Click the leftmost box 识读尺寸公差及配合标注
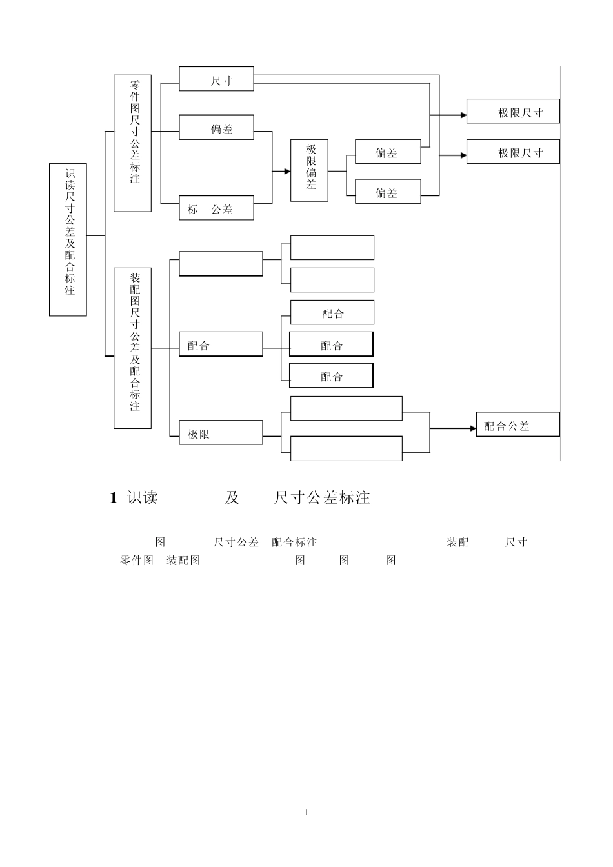click(x=68, y=239)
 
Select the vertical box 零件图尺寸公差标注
click(x=132, y=143)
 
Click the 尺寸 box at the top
click(x=216, y=79)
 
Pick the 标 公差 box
click(x=216, y=208)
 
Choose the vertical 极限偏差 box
click(x=309, y=170)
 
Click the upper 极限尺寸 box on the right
click(x=513, y=112)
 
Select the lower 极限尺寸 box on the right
click(x=513, y=152)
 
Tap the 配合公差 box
click(x=518, y=425)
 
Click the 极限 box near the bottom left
click(x=221, y=433)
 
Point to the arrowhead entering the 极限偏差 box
click(x=287, y=171)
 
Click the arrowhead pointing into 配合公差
click(x=472, y=428)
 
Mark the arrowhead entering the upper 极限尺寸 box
click(x=463, y=115)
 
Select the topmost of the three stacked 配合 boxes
click(x=332, y=312)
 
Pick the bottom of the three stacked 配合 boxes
click(x=331, y=375)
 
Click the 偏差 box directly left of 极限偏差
click(x=216, y=128)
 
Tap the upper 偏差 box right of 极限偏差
click(x=388, y=152)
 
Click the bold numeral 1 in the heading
click(x=114, y=497)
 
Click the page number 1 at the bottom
click(x=306, y=812)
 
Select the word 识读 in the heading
click(x=143, y=497)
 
